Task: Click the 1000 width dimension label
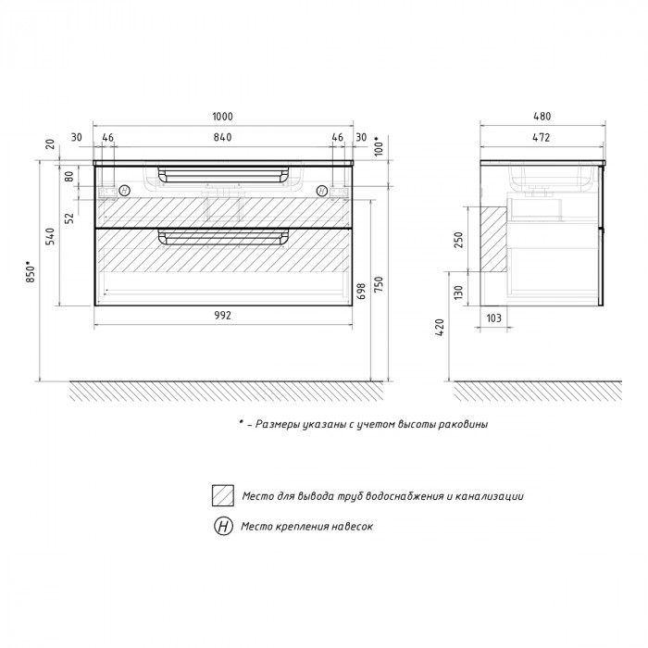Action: (x=223, y=117)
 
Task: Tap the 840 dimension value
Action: (x=223, y=137)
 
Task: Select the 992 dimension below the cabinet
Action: (x=223, y=316)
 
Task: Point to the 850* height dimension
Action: (x=31, y=271)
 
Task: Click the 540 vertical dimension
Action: (x=50, y=236)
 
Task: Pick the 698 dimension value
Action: (x=361, y=291)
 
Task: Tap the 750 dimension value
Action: (x=379, y=284)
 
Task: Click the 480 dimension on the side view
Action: (x=542, y=117)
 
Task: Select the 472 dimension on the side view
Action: (x=541, y=137)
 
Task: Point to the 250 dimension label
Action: (x=459, y=240)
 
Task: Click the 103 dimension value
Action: (x=493, y=318)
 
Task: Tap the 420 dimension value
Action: (x=440, y=328)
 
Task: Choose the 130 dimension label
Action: (x=459, y=293)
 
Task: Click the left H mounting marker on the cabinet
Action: (x=124, y=191)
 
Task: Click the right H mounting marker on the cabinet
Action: (x=322, y=191)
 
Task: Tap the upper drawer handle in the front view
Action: (x=223, y=174)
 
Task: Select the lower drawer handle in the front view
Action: (x=223, y=237)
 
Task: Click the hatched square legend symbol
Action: (x=223, y=495)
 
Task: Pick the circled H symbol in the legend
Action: (x=223, y=526)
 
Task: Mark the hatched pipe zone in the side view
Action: (x=493, y=239)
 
